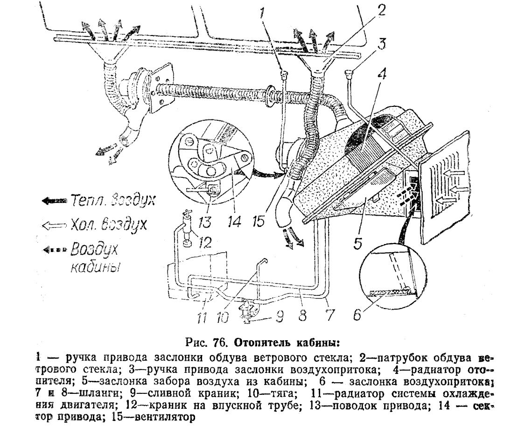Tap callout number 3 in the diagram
382,45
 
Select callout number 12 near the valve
204,242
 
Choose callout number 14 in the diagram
236,220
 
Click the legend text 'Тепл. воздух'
112,201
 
